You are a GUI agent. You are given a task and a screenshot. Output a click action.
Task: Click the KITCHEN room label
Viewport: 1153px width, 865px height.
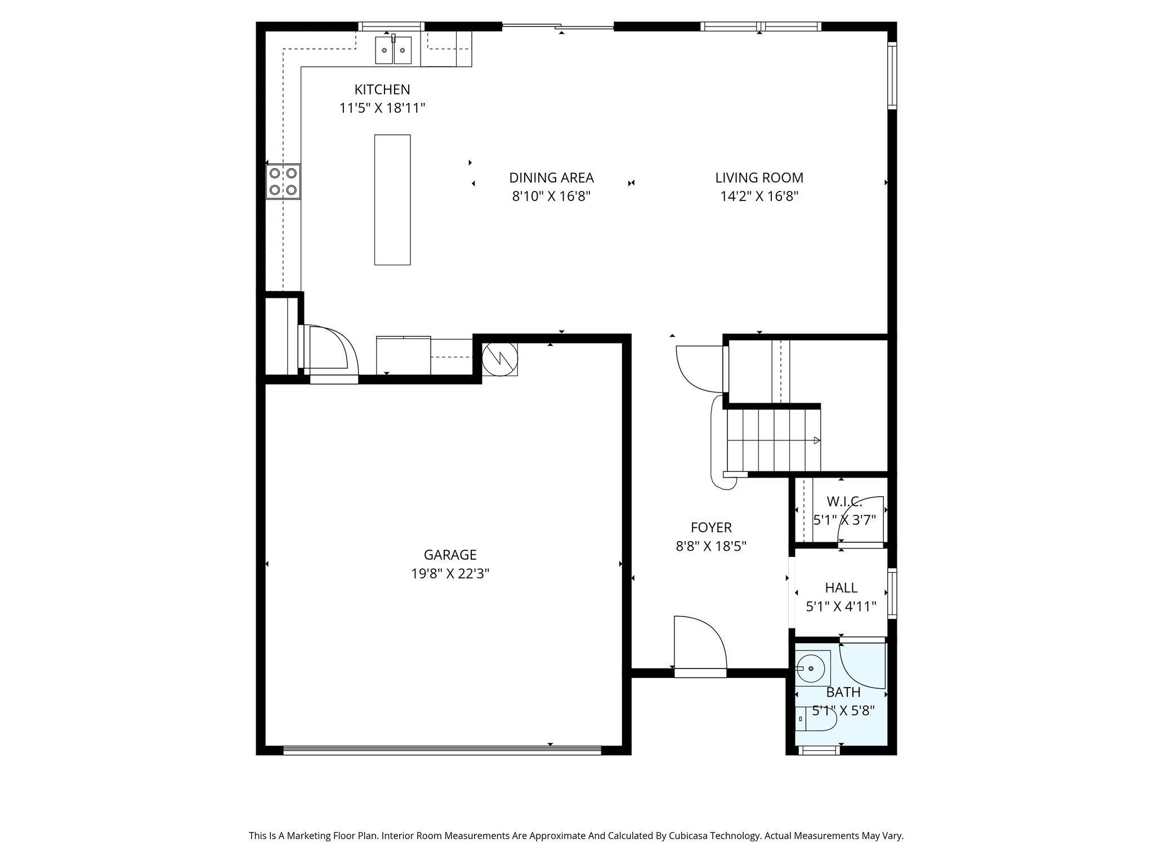click(382, 90)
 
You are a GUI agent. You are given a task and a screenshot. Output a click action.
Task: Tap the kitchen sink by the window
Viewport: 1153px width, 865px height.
click(394, 50)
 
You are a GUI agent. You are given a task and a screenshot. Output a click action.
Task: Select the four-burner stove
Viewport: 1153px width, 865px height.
click(283, 181)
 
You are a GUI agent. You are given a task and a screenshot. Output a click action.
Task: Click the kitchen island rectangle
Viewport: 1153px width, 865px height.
click(392, 199)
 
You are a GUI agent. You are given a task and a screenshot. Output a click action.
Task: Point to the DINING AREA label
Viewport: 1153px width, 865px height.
click(551, 178)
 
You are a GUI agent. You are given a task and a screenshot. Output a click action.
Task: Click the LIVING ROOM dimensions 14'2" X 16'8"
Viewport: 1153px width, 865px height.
click(759, 197)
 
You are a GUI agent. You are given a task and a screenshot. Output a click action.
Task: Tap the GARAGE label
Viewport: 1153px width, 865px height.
click(450, 555)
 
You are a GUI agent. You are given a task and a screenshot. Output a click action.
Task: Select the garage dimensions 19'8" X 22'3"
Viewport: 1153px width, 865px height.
click(450, 574)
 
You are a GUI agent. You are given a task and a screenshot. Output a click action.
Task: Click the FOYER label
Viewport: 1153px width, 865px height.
click(711, 528)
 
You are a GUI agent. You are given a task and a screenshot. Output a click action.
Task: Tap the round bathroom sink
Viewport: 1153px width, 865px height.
click(811, 668)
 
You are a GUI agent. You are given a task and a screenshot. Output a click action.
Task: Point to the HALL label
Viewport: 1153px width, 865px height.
click(841, 588)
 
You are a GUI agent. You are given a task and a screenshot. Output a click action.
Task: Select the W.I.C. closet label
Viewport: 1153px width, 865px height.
click(844, 501)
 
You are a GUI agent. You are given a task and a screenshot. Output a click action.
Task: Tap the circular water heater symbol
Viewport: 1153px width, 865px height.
click(499, 359)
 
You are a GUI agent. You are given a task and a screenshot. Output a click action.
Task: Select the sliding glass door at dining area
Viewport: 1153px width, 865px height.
click(557, 26)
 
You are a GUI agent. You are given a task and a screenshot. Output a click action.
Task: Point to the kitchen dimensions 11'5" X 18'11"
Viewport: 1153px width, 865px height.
click(382, 108)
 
